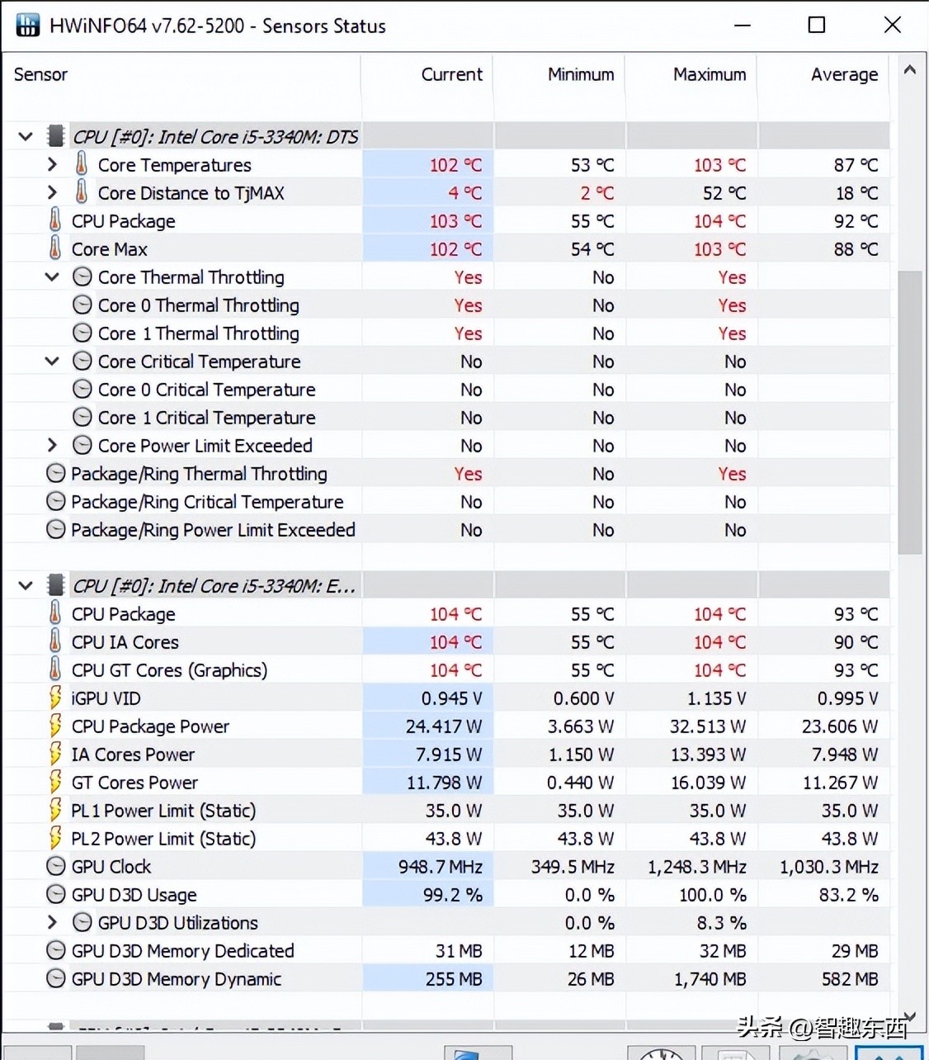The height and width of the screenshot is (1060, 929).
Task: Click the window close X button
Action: tap(892, 25)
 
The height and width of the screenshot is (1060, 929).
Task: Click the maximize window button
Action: tap(816, 25)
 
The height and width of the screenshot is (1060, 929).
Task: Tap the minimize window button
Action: tap(743, 25)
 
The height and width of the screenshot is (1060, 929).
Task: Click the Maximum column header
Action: tap(709, 74)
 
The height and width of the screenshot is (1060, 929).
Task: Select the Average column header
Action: tap(844, 74)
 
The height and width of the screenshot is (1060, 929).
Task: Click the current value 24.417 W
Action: tap(443, 726)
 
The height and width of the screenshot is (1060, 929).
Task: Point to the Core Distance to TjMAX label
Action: tap(191, 193)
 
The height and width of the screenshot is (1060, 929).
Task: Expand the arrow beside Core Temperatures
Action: tap(53, 165)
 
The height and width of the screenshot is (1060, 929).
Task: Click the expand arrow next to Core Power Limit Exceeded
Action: tap(53, 446)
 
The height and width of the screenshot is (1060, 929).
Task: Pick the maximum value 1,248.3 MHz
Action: tap(696, 867)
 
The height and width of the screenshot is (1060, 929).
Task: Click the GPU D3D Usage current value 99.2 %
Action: tap(452, 895)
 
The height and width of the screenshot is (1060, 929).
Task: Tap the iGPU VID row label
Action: tap(106, 698)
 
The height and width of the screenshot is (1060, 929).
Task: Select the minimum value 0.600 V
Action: tap(583, 698)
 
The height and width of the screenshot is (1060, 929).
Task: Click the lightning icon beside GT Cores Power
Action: tap(55, 782)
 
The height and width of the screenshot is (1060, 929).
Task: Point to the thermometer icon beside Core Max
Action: tap(55, 248)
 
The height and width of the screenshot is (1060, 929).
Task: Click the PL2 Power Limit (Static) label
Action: tap(163, 839)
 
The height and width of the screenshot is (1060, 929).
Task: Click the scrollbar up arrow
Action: tap(909, 71)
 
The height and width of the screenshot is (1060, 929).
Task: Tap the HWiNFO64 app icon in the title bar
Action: tap(28, 25)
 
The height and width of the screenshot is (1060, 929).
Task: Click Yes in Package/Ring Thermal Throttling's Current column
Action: tap(468, 474)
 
